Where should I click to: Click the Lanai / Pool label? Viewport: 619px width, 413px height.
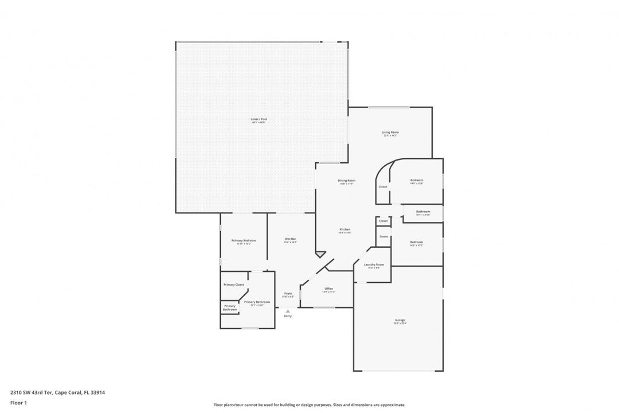(259, 119)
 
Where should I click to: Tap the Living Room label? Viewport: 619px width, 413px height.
(390, 133)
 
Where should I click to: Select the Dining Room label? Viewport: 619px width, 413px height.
(347, 181)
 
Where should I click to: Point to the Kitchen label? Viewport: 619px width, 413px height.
(344, 229)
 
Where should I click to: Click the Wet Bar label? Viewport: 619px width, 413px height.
(291, 239)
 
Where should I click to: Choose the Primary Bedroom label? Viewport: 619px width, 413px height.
(244, 240)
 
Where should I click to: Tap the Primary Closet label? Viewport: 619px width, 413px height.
(234, 285)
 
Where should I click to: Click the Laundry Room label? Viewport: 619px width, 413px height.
(374, 264)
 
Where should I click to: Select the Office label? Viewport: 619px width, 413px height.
(328, 289)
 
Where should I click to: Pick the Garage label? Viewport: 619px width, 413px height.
(400, 320)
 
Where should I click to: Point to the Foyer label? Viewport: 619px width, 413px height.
(288, 294)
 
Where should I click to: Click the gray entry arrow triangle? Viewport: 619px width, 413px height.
(288, 311)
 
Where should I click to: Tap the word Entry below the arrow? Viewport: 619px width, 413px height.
(288, 316)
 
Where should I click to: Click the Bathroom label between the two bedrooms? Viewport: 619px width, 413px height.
(423, 212)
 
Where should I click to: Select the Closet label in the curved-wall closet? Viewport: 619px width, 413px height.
(383, 186)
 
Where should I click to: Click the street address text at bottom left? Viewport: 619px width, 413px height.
(57, 392)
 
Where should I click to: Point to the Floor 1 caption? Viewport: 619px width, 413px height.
(18, 403)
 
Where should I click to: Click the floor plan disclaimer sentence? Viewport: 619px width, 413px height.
(309, 404)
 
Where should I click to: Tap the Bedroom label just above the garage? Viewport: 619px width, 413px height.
(416, 242)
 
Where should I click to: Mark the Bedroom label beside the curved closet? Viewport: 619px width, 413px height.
(416, 181)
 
